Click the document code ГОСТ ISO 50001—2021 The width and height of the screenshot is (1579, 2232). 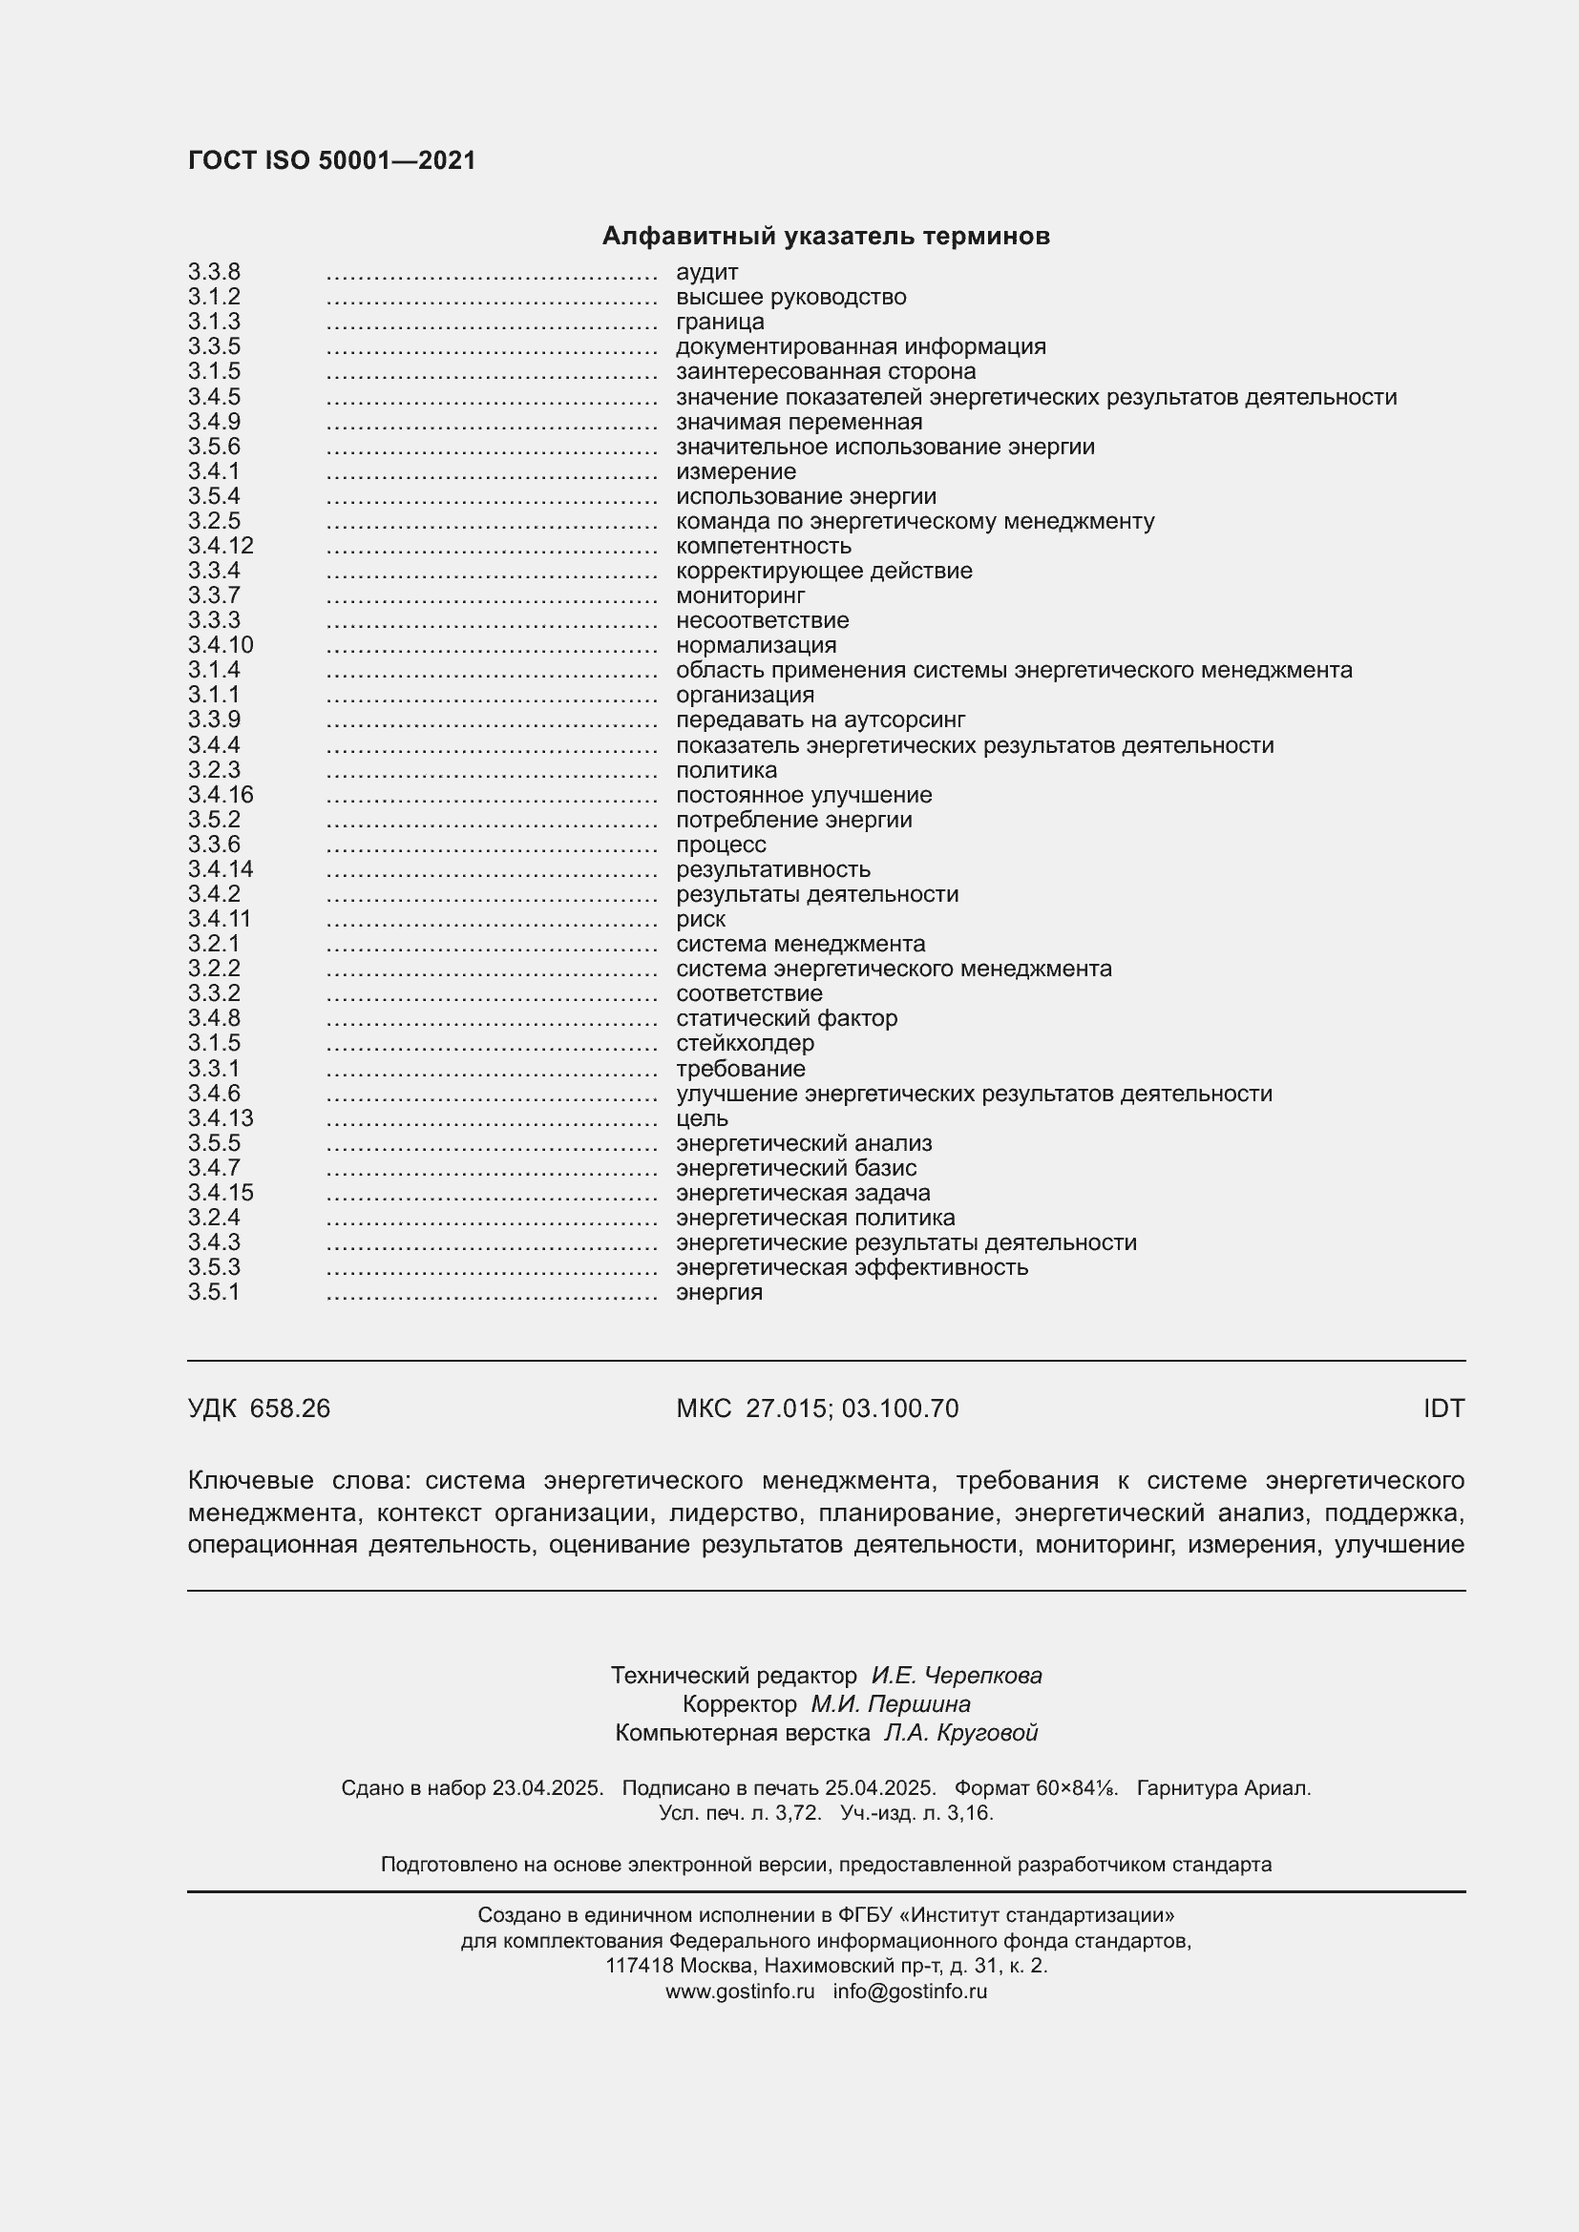pos(331,160)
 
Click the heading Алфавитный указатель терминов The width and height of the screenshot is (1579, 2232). pos(826,237)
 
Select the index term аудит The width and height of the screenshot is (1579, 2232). pos(706,272)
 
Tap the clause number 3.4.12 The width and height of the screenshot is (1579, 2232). pos(221,546)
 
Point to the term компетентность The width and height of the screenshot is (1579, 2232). pos(764,546)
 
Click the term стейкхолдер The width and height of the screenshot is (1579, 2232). pos(745,1043)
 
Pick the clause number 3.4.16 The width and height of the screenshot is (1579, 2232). pos(221,795)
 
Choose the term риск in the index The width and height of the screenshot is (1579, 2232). pos(700,919)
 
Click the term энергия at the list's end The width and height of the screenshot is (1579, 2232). pos(719,1292)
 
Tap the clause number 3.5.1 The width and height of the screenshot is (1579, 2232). pos(214,1292)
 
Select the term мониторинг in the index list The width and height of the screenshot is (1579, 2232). pos(740,595)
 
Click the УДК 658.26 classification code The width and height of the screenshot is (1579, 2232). pos(259,1408)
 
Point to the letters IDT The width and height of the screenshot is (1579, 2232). pos(1442,1408)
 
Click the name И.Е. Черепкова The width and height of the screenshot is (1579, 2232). pos(956,1675)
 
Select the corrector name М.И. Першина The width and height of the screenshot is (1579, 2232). pos(890,1704)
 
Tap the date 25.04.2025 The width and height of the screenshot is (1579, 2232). pos(880,1787)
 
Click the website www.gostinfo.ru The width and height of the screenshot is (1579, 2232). pos(740,1991)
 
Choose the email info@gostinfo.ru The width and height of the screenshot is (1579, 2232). pos(910,1991)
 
